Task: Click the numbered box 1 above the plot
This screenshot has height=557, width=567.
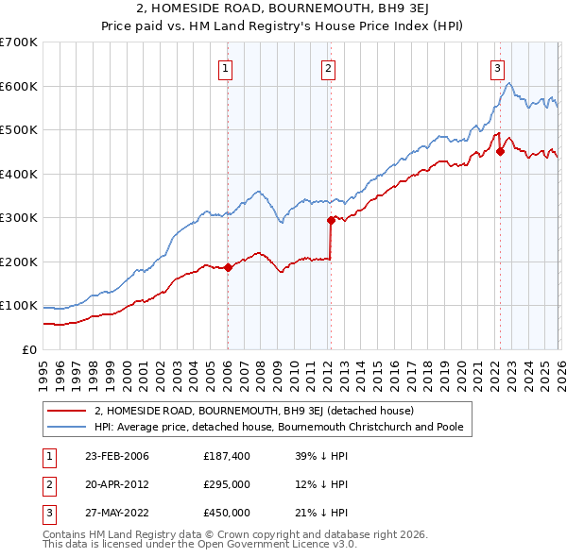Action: click(227, 67)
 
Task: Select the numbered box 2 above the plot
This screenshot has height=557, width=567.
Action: click(328, 67)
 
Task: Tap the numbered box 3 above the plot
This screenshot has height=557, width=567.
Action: click(497, 67)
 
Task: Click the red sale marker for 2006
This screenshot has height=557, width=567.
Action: click(228, 267)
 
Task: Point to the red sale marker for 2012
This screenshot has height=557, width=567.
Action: click(331, 220)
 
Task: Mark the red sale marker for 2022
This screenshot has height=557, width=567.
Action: click(500, 152)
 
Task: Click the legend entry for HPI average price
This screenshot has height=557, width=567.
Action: click(278, 427)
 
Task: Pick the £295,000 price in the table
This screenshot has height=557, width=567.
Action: click(227, 484)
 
